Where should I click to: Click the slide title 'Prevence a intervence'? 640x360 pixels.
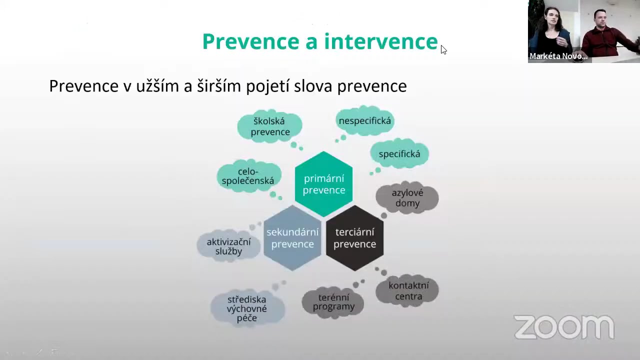tap(320, 41)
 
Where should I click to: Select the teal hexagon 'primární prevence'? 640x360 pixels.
tap(323, 184)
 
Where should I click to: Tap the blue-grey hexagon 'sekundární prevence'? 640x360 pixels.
tap(292, 238)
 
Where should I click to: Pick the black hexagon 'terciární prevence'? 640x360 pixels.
tap(354, 238)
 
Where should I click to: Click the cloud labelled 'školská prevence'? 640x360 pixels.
tap(270, 126)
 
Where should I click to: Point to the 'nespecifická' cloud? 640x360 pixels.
tap(364, 121)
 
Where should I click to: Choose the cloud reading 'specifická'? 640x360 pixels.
tap(399, 154)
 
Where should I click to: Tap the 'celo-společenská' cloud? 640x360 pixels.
tap(248, 176)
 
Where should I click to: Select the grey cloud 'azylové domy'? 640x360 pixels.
tap(407, 198)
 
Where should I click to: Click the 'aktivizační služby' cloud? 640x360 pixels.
tap(228, 246)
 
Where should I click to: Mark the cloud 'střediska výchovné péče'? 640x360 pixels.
tap(247, 308)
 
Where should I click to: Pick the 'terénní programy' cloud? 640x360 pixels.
tap(333, 302)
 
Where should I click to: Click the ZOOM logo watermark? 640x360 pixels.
tap(564, 327)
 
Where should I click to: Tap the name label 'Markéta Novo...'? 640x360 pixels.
tap(558, 56)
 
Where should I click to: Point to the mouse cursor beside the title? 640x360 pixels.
tap(443, 49)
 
